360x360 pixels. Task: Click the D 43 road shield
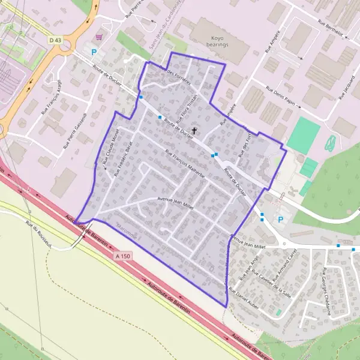pos(56,40)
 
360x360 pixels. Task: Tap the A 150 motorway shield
pos(122,256)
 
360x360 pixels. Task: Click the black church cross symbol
pos(194,130)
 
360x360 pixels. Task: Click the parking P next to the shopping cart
pos(93,52)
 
